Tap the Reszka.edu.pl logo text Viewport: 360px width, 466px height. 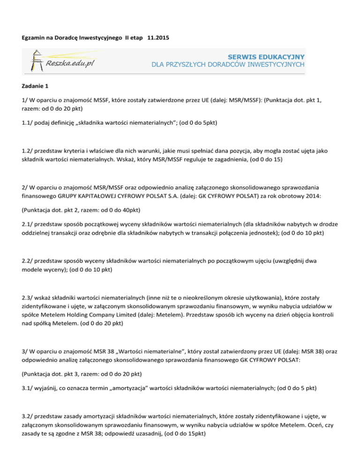pyautogui.click(x=71, y=63)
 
